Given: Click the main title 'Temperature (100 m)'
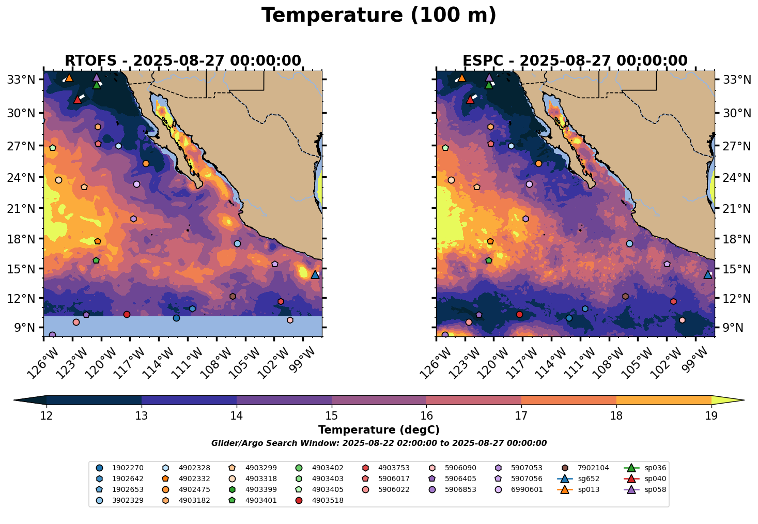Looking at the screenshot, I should tap(379, 16).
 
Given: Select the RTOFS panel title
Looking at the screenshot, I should tap(182, 61).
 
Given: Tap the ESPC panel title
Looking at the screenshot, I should tap(576, 61).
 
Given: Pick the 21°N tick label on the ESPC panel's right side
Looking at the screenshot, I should tap(736, 209).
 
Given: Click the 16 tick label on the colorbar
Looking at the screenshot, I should tap(426, 416).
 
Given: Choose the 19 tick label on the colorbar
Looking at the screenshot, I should tap(711, 416).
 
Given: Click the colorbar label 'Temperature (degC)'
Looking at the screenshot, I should tap(379, 430).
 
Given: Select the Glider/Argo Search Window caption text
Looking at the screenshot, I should tap(379, 443).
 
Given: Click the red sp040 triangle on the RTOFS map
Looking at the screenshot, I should tap(78, 99).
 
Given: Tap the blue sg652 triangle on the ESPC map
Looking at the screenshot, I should tap(708, 274).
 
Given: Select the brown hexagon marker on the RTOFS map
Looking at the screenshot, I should tap(233, 296).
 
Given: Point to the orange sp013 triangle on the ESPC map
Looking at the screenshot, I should tap(462, 78).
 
